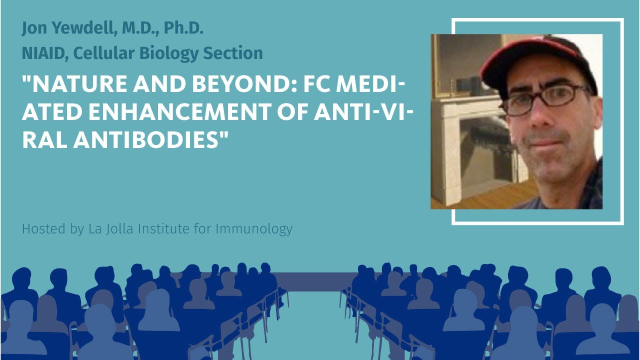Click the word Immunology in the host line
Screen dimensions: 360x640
pyautogui.click(x=254, y=229)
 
